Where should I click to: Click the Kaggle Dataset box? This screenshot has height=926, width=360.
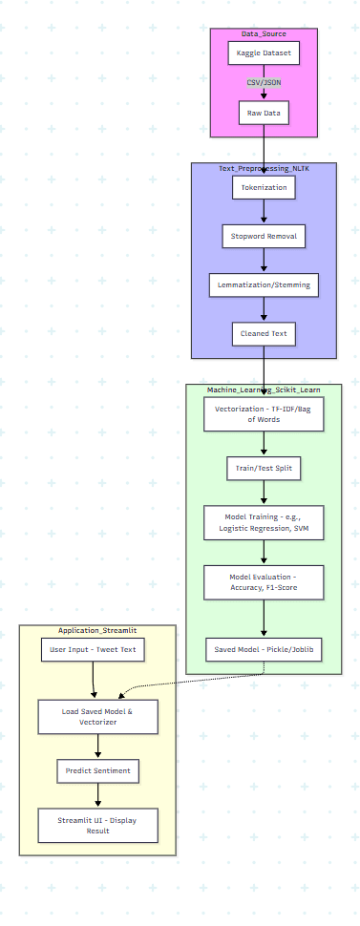click(264, 53)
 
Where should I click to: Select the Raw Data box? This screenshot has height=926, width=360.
click(264, 113)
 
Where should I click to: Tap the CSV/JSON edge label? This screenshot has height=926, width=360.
click(264, 83)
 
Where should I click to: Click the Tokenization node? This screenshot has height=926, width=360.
click(264, 188)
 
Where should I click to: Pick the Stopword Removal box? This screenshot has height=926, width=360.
click(264, 236)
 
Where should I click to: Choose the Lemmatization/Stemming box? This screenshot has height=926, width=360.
click(264, 284)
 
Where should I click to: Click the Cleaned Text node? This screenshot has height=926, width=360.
click(264, 333)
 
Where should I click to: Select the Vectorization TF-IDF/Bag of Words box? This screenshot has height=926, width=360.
click(264, 414)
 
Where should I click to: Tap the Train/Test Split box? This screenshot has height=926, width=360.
click(264, 469)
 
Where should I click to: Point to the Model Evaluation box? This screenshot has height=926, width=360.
click(264, 582)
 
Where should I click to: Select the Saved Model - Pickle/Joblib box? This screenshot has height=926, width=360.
click(264, 649)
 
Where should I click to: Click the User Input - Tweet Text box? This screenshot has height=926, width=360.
click(94, 651)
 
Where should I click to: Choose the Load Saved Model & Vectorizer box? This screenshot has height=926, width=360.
click(98, 716)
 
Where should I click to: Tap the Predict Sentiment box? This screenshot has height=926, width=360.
click(98, 770)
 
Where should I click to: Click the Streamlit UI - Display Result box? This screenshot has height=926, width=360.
click(98, 825)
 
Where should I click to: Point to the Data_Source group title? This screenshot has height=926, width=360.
click(264, 33)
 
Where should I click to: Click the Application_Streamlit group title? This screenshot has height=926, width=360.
click(97, 631)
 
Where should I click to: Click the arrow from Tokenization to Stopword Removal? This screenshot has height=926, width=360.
click(264, 212)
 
